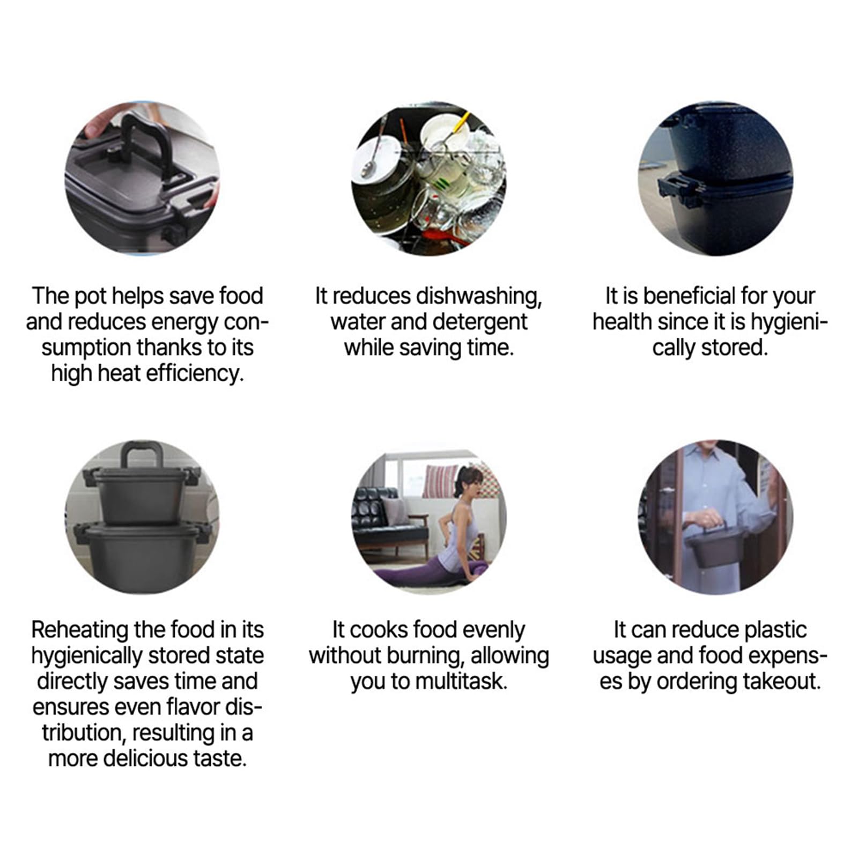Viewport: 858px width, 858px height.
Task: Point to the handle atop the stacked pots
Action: pos(142,455)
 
